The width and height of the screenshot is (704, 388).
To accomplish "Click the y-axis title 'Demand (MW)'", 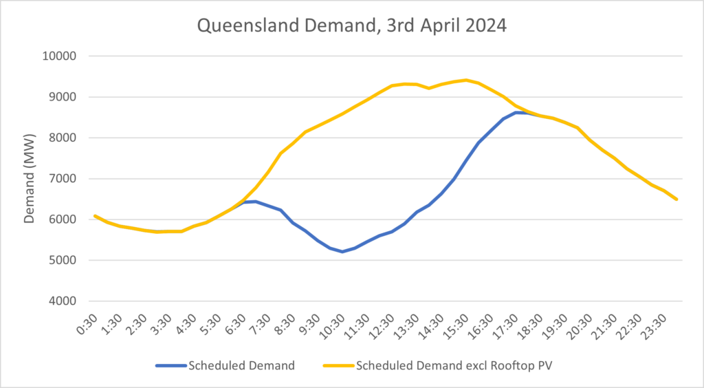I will tap(30, 177).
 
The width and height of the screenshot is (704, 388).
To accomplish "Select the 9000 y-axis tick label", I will tap(64, 97).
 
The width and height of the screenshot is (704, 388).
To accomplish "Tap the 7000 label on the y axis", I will tap(64, 179).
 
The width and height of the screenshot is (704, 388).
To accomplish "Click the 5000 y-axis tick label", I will tap(64, 261).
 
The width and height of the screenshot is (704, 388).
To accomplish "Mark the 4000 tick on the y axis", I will tap(64, 301).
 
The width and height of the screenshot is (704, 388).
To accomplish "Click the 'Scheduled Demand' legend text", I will tap(241, 366).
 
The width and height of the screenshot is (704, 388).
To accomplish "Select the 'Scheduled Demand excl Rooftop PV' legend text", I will tap(454, 366).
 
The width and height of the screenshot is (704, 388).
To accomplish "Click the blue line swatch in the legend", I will tap(170, 366).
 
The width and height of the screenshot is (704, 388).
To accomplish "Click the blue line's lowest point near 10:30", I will tap(342, 252).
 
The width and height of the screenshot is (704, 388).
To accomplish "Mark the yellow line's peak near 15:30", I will tap(466, 80).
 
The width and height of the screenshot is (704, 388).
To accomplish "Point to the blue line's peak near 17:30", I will tap(517, 112).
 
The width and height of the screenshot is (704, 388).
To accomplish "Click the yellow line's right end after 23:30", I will tap(677, 200).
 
